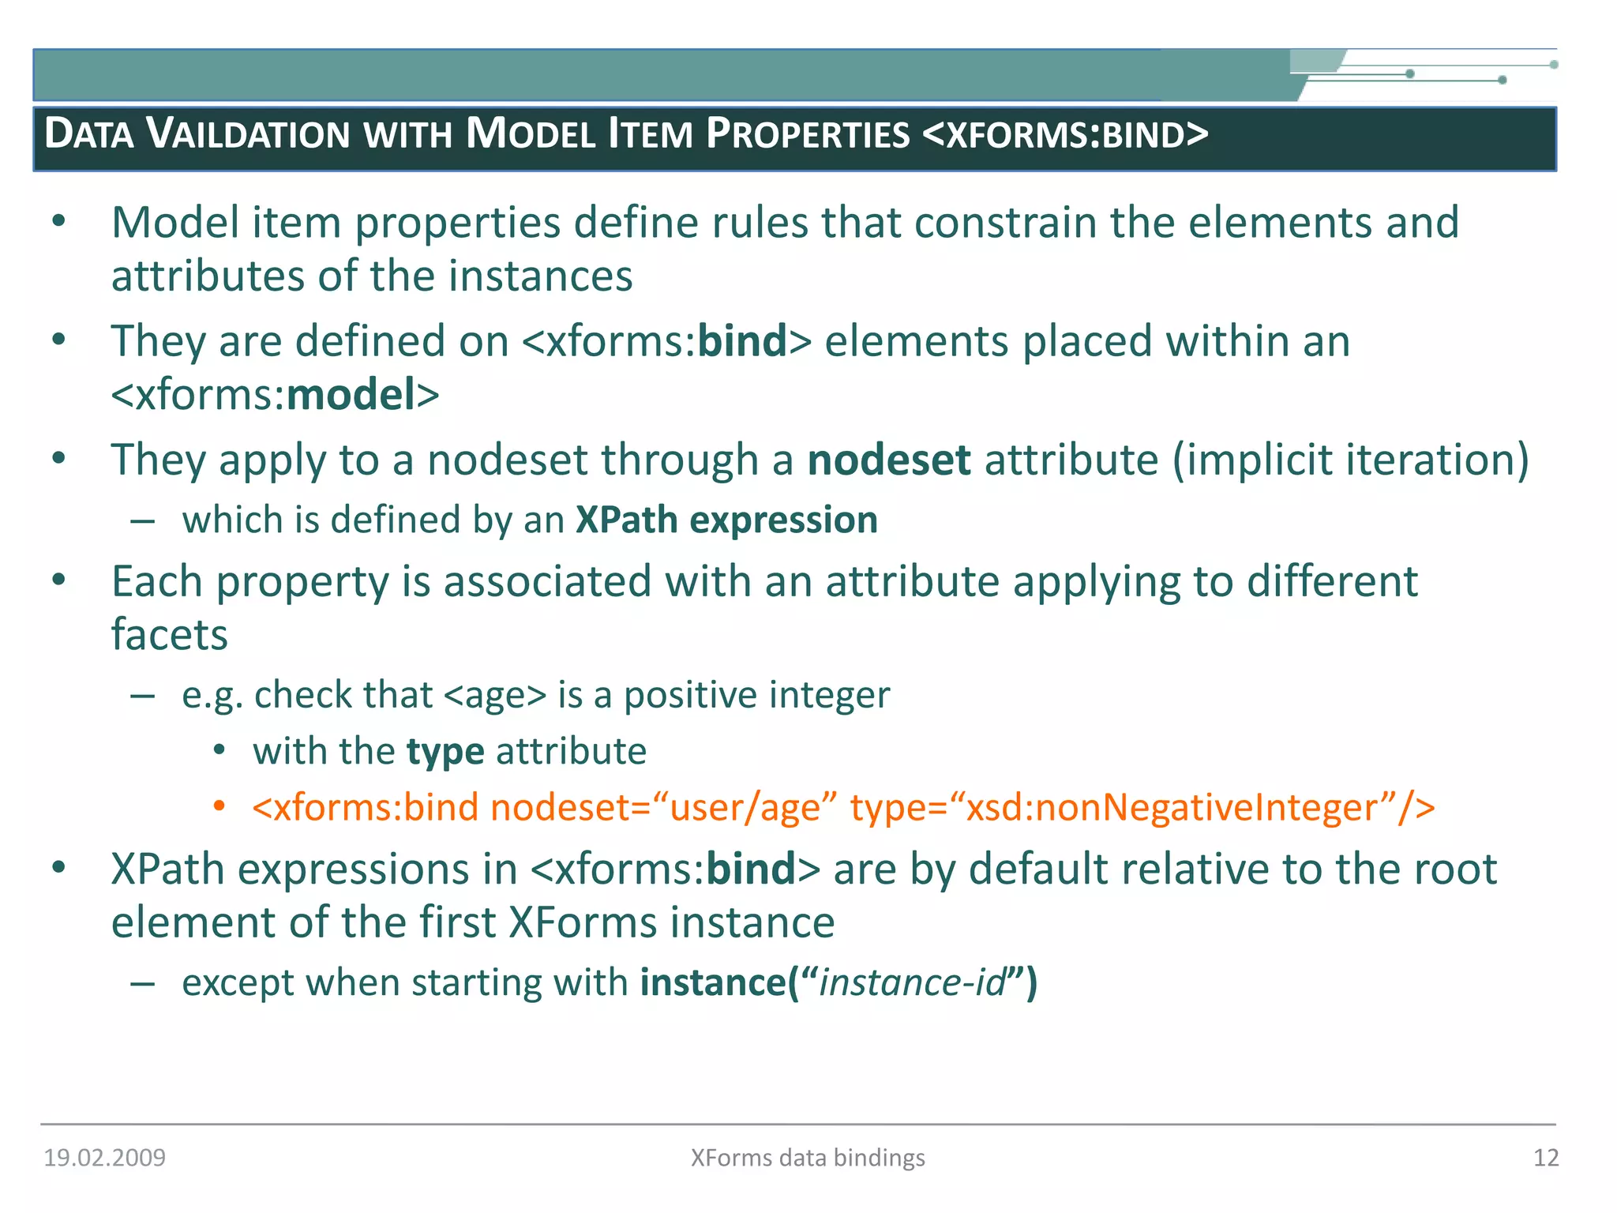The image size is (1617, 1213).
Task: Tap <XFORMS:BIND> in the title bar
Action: pyautogui.click(x=1065, y=134)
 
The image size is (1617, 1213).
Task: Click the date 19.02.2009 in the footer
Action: pyautogui.click(x=104, y=1158)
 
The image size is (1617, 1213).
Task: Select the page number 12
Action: pyautogui.click(x=1545, y=1158)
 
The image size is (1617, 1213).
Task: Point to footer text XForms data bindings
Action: pyautogui.click(x=807, y=1158)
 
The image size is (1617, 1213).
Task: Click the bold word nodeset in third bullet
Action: pyautogui.click(x=888, y=460)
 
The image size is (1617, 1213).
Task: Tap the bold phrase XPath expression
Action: pyautogui.click(x=726, y=520)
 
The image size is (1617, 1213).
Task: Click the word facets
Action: pyautogui.click(x=169, y=635)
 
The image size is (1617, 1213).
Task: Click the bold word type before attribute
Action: pyautogui.click(x=445, y=752)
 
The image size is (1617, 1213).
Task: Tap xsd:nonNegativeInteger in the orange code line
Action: pyautogui.click(x=1172, y=808)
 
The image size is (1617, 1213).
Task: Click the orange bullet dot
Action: pyautogui.click(x=219, y=806)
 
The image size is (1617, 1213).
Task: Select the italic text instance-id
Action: pyautogui.click(x=913, y=983)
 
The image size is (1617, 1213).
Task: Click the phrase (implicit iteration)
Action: pyautogui.click(x=1350, y=460)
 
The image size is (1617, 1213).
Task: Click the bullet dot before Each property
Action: pyautogui.click(x=58, y=580)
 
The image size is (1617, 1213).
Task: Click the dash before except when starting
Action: pyautogui.click(x=142, y=983)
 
